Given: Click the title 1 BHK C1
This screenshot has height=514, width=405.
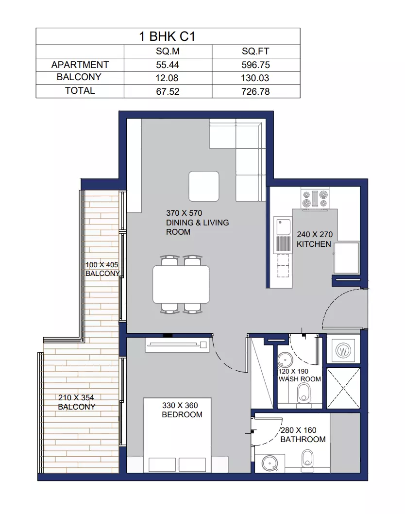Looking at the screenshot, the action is tap(167, 36).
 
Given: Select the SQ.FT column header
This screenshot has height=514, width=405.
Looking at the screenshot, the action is tap(255, 51).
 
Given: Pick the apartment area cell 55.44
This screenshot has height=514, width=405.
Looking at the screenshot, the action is tap(168, 65).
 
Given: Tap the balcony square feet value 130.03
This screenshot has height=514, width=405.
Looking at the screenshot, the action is tap(255, 78).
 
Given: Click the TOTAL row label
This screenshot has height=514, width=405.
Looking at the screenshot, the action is tap(80, 90).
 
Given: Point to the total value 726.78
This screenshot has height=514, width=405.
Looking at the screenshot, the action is tap(255, 91).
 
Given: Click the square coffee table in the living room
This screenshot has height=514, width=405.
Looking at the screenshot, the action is tap(204, 186).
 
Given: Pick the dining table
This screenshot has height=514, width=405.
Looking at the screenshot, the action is tap(181, 285).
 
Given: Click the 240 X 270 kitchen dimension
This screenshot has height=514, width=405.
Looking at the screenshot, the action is tap(315, 234).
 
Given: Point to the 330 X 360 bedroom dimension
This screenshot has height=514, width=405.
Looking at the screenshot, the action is tap(180, 405).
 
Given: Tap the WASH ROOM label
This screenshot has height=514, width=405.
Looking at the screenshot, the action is tap(300, 379).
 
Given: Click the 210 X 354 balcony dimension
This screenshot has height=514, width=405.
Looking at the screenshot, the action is tap(76, 397).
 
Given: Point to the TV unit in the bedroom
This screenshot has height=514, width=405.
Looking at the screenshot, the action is tap(177, 345).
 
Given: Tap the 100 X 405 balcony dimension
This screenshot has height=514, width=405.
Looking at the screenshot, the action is tap(101, 265).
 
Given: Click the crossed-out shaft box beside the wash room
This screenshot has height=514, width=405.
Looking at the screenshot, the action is tap(343, 388).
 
